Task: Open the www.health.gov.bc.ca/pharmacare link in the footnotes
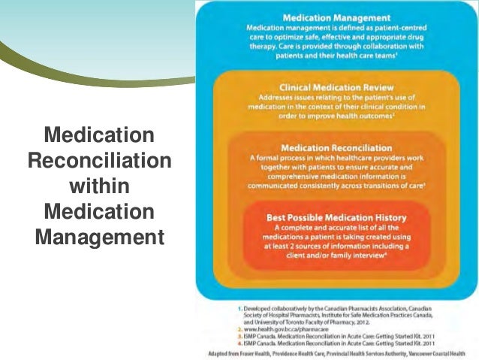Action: (x=267, y=328)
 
